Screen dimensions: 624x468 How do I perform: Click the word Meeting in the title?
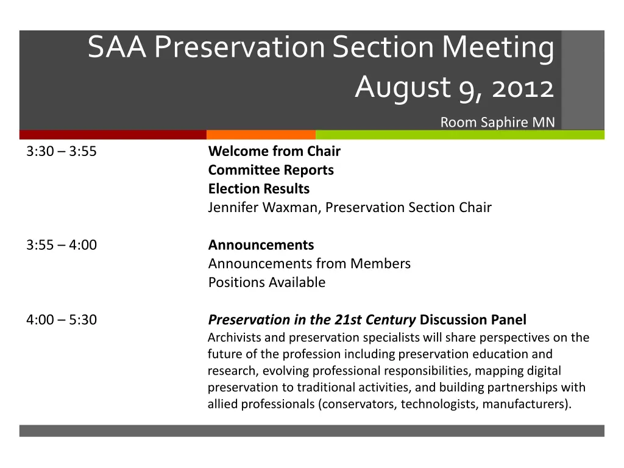click(x=498, y=48)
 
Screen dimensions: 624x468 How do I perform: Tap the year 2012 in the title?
click(x=523, y=88)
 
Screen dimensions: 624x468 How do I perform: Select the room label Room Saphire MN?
click(x=497, y=122)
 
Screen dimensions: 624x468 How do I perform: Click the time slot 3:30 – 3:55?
click(x=62, y=151)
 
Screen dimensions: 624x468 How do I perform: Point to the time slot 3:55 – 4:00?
click(x=62, y=245)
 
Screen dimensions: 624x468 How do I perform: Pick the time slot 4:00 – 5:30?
click(x=62, y=319)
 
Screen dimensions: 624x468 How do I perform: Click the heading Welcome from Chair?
click(x=274, y=151)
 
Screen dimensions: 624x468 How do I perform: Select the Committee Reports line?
click(x=271, y=170)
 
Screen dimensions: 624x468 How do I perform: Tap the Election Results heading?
click(x=258, y=189)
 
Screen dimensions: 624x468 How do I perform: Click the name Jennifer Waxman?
click(x=263, y=207)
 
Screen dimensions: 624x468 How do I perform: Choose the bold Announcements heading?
click(x=261, y=245)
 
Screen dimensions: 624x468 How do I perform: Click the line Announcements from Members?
click(x=309, y=263)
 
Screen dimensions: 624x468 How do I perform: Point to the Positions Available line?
click(x=267, y=282)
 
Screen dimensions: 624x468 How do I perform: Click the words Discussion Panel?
click(x=473, y=319)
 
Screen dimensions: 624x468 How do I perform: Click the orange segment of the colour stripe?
click(x=261, y=135)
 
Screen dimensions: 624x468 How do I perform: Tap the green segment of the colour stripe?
click(x=460, y=135)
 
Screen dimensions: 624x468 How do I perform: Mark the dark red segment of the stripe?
click(x=113, y=135)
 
